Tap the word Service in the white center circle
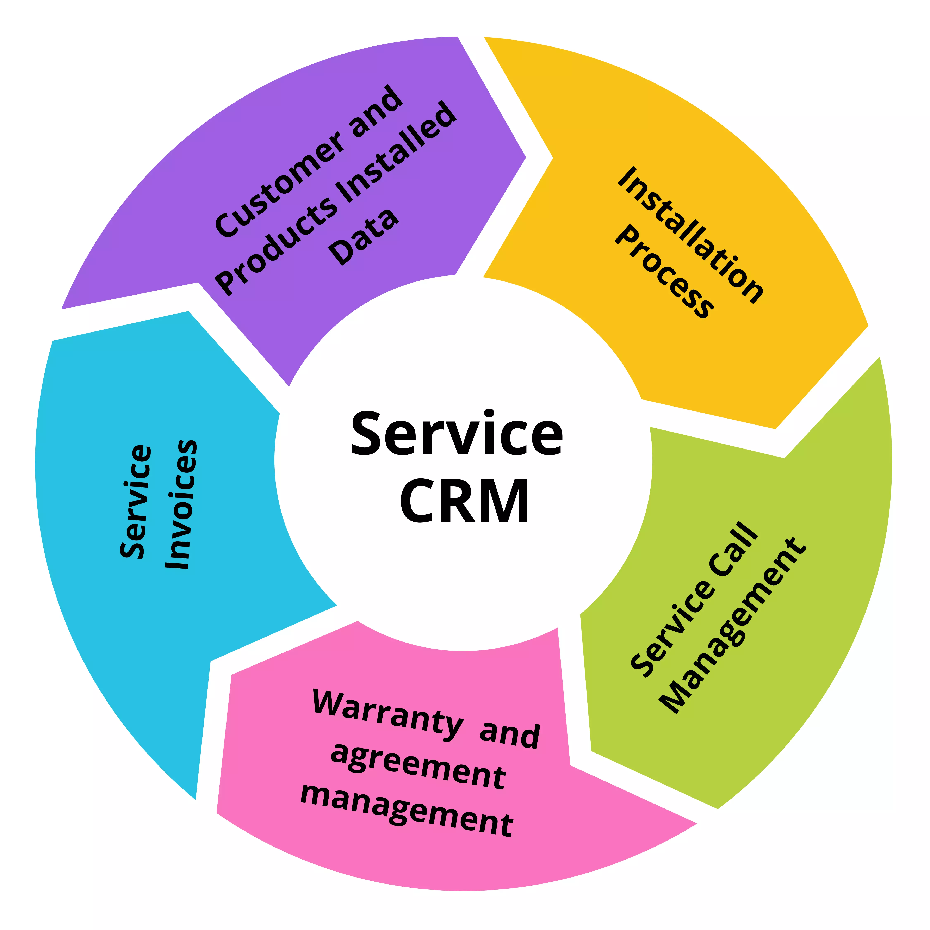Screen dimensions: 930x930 point(456,433)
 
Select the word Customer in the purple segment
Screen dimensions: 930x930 point(279,188)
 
